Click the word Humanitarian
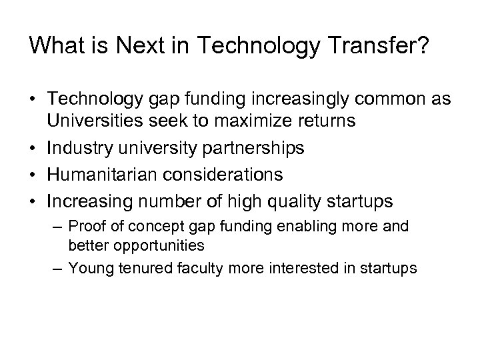coord(97,175)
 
